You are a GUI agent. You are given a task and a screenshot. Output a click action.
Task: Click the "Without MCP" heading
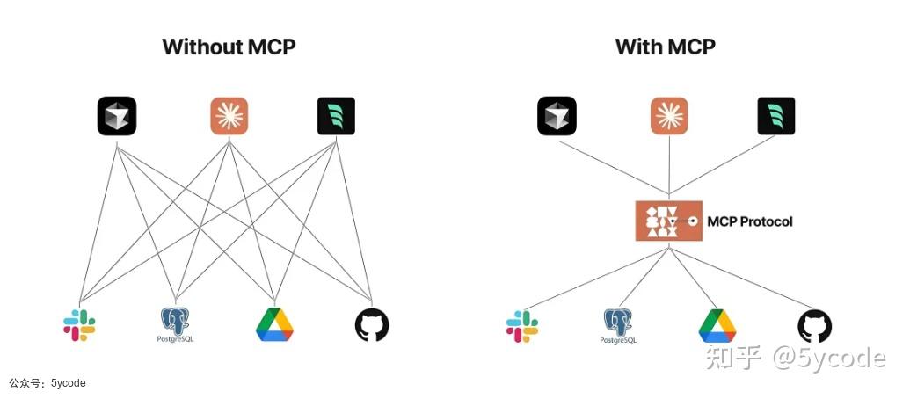pos(229,47)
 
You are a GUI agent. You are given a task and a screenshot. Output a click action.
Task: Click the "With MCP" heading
pos(666,47)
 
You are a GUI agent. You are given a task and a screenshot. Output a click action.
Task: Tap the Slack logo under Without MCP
pos(79,325)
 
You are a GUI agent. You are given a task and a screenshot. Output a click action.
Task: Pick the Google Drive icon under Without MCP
pos(274,324)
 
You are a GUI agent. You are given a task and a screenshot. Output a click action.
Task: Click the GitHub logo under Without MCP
pos(371,325)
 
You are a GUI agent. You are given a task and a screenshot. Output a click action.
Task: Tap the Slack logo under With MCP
pos(522,325)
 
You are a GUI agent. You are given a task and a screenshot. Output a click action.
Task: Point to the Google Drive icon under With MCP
pos(717,325)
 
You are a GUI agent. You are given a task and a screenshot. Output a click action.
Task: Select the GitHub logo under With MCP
pos(814,325)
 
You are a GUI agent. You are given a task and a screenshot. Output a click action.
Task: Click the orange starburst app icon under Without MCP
pos(229,116)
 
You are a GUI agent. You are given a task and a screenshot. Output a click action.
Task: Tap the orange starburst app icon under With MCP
pos(669,116)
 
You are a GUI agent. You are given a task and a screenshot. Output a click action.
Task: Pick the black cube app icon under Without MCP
pos(116,116)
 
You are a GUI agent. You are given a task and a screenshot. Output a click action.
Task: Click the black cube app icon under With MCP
pos(557,116)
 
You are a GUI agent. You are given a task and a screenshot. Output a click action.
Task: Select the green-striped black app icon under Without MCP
pos(336,116)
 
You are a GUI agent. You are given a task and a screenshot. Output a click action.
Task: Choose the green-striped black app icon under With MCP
pos(776,116)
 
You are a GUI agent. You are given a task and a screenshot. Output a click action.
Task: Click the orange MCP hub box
pos(668,221)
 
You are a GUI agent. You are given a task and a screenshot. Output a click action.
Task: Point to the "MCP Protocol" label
pos(750,221)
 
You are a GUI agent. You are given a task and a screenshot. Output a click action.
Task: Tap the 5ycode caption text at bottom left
pos(48,383)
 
